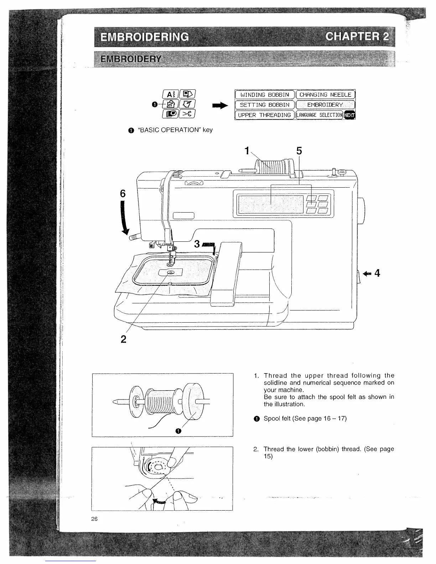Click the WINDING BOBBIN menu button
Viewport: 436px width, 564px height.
click(x=265, y=95)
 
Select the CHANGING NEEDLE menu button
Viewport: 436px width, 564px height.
click(x=325, y=95)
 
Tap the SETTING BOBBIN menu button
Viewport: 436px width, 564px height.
click(x=265, y=105)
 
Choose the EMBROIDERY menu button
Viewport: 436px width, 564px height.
click(x=325, y=105)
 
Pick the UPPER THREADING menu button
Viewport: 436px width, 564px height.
click(x=265, y=115)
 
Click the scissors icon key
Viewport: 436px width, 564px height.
click(x=188, y=113)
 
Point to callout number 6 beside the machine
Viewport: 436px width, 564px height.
click(x=123, y=194)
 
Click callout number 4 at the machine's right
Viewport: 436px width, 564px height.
click(x=377, y=273)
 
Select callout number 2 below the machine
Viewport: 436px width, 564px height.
click(x=123, y=339)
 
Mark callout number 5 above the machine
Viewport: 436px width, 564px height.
click(x=299, y=151)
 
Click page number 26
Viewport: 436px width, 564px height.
click(x=94, y=519)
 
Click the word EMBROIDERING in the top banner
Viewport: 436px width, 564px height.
click(x=145, y=37)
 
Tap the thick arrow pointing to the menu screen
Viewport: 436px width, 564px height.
click(x=219, y=105)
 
